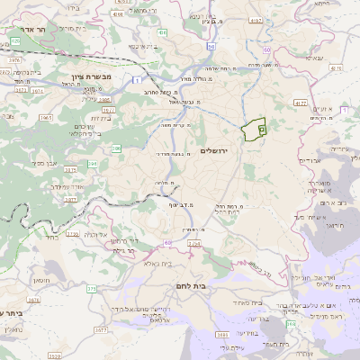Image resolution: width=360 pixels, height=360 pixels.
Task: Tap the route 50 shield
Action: click(211, 45)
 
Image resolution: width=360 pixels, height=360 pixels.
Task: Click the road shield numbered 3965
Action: click(47, 117)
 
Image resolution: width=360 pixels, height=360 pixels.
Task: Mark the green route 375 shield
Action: click(92, 289)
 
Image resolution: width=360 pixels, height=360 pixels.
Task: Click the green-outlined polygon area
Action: click(256, 130)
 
